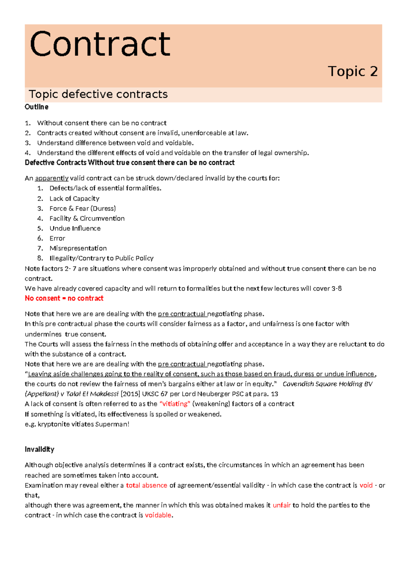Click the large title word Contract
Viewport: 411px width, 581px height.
click(100, 44)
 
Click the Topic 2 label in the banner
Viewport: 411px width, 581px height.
click(352, 71)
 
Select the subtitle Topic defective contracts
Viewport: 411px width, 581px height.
click(98, 94)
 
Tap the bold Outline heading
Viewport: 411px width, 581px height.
click(36, 107)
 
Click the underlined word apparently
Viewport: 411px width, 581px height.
click(52, 178)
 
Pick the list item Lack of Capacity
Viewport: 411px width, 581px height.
click(74, 199)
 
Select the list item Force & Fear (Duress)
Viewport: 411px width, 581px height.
click(83, 209)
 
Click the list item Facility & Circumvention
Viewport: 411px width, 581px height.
click(87, 219)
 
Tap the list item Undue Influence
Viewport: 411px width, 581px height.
click(75, 228)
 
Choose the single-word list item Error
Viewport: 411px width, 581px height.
click(57, 238)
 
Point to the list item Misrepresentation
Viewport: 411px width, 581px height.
click(78, 248)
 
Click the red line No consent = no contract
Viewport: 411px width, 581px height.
click(64, 298)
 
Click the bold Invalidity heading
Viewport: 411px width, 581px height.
click(39, 449)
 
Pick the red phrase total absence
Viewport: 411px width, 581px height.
click(147, 485)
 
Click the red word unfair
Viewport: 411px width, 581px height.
click(282, 505)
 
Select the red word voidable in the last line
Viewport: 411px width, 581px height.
click(158, 515)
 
